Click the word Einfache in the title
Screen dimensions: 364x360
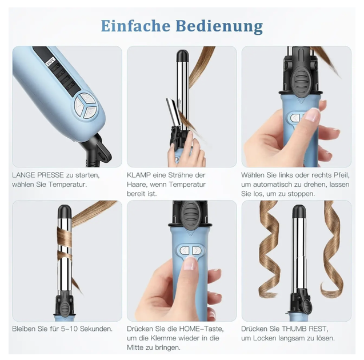(x=135, y=26)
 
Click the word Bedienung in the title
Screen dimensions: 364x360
(x=219, y=26)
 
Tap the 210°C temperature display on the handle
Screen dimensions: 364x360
(x=50, y=62)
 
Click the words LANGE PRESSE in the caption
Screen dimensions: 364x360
(x=38, y=175)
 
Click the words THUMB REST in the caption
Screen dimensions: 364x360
(x=305, y=329)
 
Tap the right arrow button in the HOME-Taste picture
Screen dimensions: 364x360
(x=197, y=250)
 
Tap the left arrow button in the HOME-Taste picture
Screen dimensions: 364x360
(x=185, y=250)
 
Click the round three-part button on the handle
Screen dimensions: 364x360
(x=85, y=106)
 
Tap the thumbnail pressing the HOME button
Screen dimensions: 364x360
(x=191, y=263)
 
